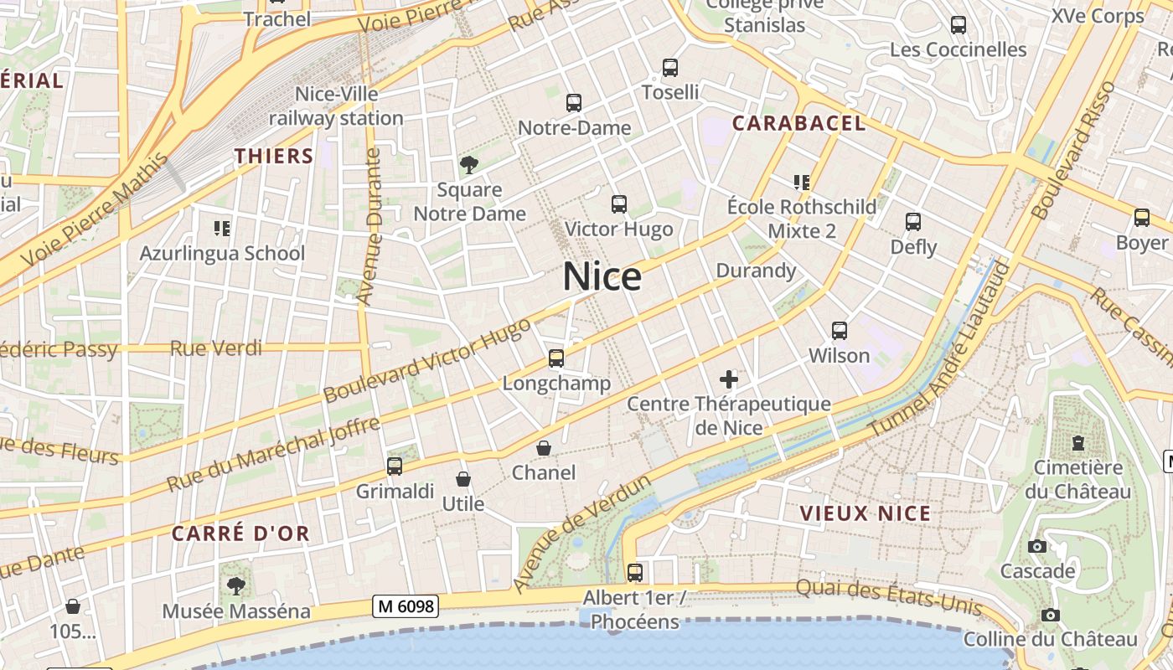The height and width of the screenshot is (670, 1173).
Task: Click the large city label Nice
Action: pyautogui.click(x=602, y=277)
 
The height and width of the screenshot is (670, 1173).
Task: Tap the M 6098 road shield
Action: pyautogui.click(x=406, y=606)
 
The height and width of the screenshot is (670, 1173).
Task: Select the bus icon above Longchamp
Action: pyautogui.click(x=555, y=358)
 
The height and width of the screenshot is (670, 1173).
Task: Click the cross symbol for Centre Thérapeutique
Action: pyautogui.click(x=729, y=379)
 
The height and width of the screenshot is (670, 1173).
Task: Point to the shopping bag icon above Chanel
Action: pyautogui.click(x=544, y=448)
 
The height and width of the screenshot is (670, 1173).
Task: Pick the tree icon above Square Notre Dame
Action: pyautogui.click(x=468, y=164)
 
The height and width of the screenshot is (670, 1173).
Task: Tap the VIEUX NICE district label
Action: pyautogui.click(x=866, y=513)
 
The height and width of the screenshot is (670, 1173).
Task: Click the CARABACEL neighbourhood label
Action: pyautogui.click(x=798, y=124)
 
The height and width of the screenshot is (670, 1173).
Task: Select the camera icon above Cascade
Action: pyautogui.click(x=1037, y=547)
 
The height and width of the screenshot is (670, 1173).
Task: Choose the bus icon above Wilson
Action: pyautogui.click(x=840, y=331)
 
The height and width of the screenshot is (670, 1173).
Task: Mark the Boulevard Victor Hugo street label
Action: pyautogui.click(x=427, y=359)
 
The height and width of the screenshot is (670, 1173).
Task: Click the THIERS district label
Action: pyautogui.click(x=274, y=156)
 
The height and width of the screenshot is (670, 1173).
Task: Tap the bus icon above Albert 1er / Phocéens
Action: pyautogui.click(x=635, y=573)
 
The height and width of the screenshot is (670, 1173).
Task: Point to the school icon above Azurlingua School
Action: pyautogui.click(x=222, y=227)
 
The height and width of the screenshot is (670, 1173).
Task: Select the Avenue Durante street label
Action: pyautogui.click(x=369, y=226)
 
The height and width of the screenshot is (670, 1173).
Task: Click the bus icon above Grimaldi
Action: pyautogui.click(x=395, y=466)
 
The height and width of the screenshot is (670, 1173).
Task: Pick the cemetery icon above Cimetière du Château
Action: pyautogui.click(x=1078, y=442)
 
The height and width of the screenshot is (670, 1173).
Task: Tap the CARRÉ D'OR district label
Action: pyautogui.click(x=240, y=533)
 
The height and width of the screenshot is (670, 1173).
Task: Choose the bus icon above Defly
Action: pyautogui.click(x=913, y=222)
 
